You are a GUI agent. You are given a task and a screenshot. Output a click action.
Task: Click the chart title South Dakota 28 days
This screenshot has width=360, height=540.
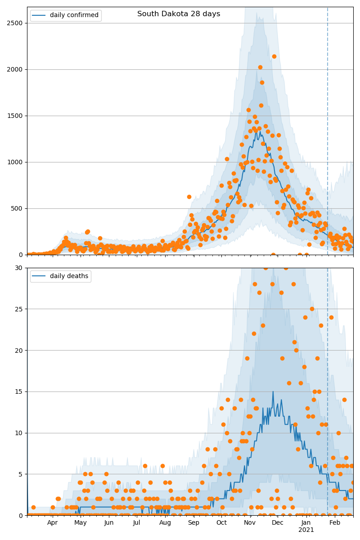[179, 14]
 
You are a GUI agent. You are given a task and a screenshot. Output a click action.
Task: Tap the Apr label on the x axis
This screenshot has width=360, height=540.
[52, 522]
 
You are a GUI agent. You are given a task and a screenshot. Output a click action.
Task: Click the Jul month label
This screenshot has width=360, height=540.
[137, 522]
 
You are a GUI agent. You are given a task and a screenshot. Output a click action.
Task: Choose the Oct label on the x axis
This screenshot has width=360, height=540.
[221, 522]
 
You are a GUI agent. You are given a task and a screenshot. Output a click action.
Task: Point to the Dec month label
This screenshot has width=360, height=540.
[278, 522]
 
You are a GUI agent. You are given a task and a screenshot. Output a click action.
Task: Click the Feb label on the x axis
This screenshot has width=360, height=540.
[335, 522]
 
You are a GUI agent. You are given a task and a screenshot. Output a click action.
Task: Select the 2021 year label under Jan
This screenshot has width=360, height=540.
[306, 530]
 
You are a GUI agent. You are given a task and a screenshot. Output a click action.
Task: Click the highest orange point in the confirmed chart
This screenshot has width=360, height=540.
[274, 56]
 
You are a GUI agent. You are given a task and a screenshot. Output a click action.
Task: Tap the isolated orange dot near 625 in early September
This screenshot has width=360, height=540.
[189, 197]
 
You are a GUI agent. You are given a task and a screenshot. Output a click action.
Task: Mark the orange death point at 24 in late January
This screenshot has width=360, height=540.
[331, 317]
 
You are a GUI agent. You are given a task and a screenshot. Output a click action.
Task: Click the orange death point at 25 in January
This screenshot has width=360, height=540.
[312, 309]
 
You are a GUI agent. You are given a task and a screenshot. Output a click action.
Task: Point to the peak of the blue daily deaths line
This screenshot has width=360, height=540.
[273, 391]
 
